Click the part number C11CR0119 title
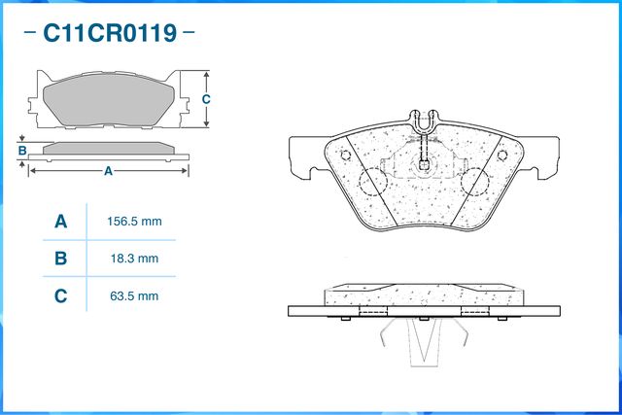point(110,35)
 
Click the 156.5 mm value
point(133,222)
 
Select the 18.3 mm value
point(133,259)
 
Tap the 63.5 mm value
point(133,295)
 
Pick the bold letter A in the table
point(60,222)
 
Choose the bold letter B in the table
point(60,259)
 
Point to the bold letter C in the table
point(60,295)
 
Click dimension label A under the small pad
point(108,171)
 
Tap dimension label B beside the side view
point(21,150)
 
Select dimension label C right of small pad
point(206,99)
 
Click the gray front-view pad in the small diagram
point(108,99)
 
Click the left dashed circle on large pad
point(372,182)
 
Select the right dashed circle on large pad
point(475,182)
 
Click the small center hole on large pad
point(425,165)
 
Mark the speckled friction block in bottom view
point(424,296)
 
